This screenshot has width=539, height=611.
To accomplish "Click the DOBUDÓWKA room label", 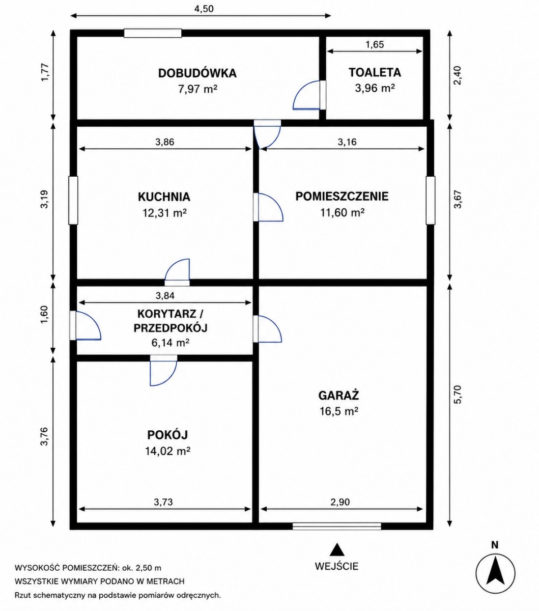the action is point(197,73).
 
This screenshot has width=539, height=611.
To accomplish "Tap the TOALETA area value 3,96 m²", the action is point(375,89).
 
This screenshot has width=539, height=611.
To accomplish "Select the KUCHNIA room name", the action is point(164,197).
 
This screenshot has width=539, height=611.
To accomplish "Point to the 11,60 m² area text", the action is point(342,213).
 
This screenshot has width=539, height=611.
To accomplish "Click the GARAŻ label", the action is point(339,395).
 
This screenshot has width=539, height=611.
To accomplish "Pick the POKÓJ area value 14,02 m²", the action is point(167,451).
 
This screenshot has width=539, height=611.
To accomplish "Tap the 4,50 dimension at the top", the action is point(204,9).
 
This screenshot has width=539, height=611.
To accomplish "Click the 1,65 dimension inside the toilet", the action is point(375,45).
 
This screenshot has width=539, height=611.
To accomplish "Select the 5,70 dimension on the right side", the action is point(458,395).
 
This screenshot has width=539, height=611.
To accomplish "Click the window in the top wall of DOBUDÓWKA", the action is point(153,33).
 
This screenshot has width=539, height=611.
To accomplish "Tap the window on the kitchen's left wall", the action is point(73,200).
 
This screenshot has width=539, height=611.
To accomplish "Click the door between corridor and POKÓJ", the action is point(163,370).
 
